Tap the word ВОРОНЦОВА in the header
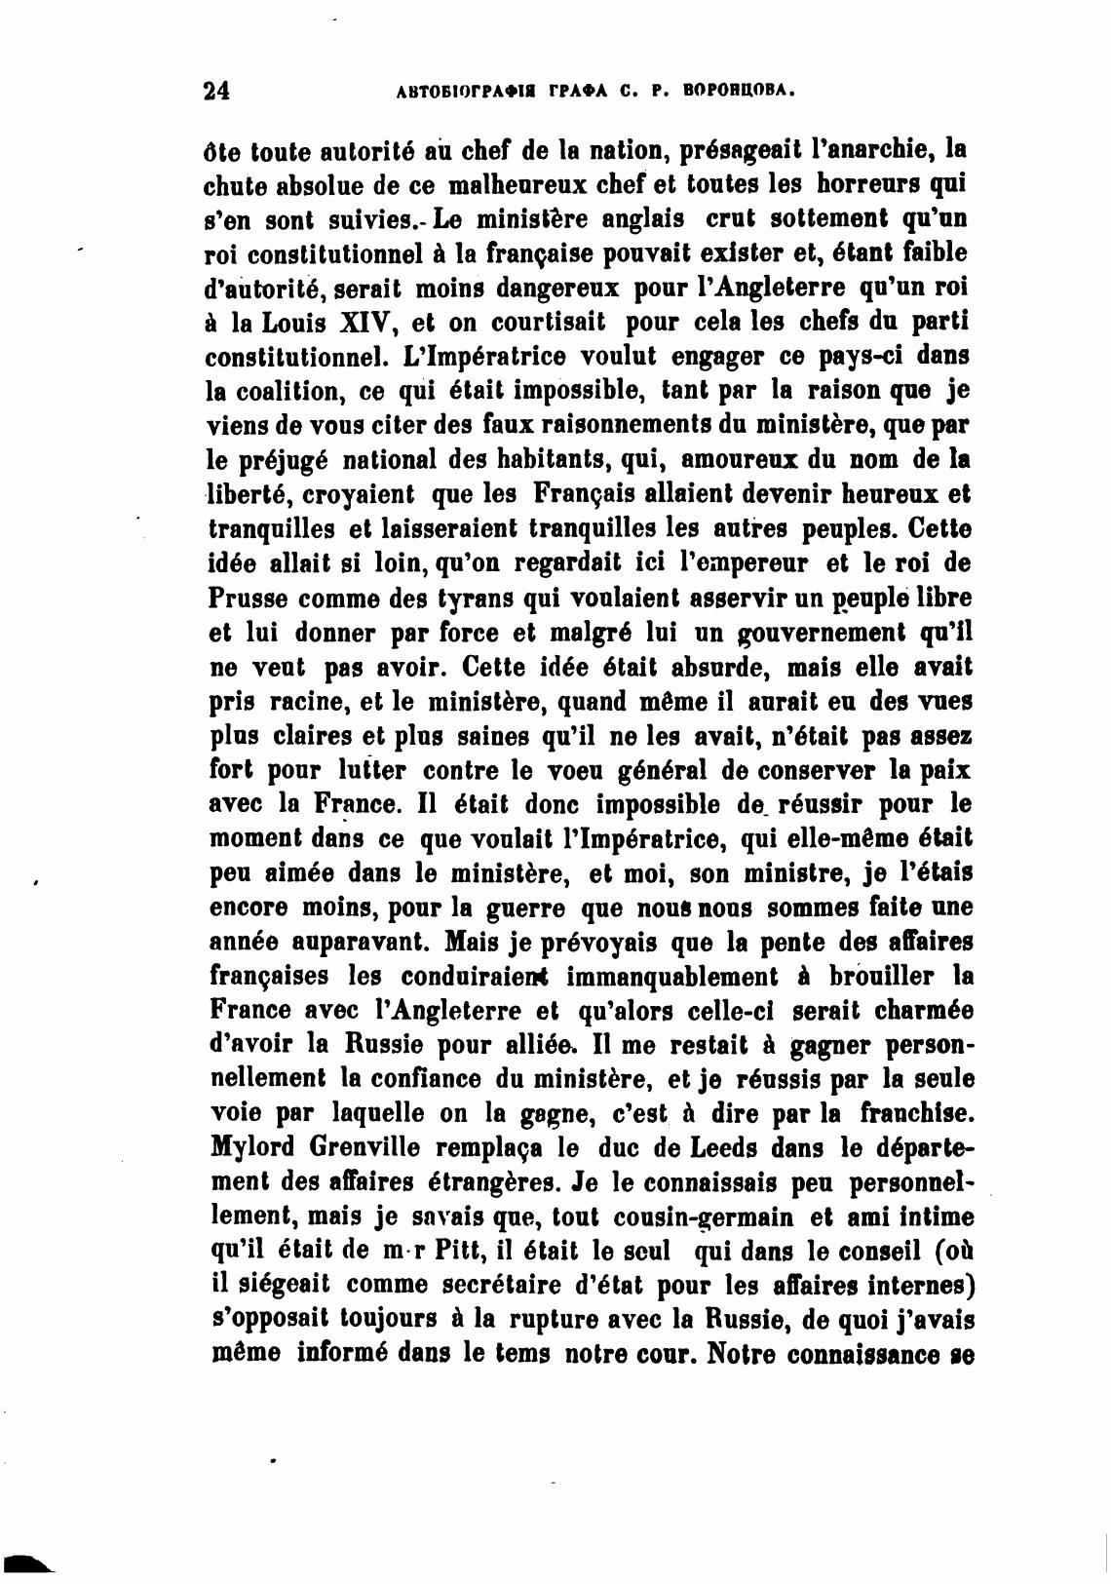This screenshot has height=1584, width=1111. [x=742, y=92]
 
